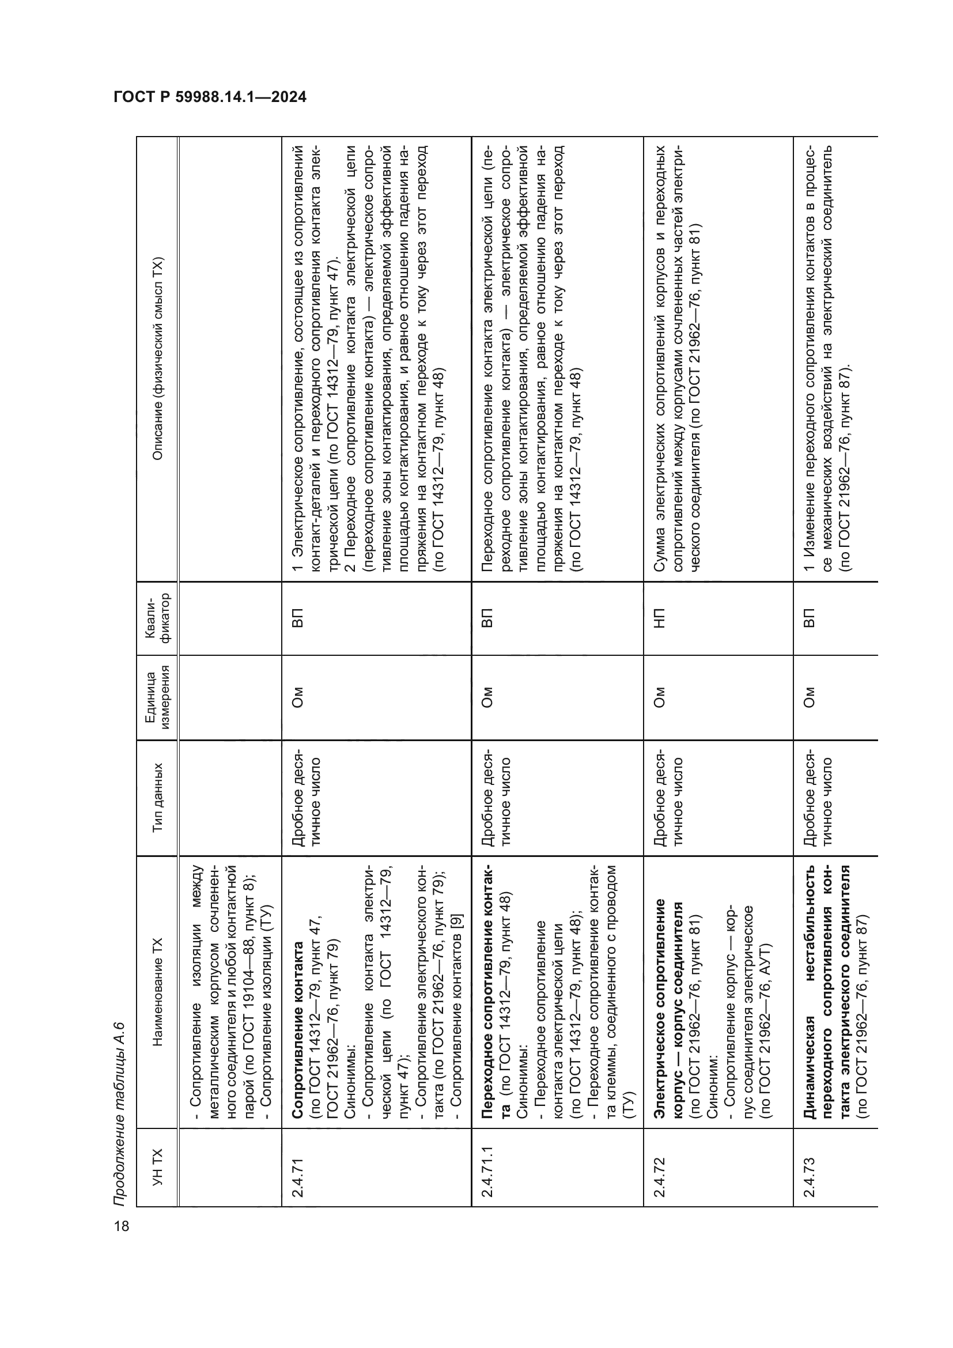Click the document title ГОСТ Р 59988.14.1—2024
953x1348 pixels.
[x=210, y=97]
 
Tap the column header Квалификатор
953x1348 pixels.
[x=157, y=618]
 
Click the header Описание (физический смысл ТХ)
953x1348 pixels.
[x=157, y=358]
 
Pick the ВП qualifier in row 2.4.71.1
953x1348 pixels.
[x=486, y=618]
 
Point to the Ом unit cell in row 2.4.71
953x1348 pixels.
[x=297, y=697]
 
